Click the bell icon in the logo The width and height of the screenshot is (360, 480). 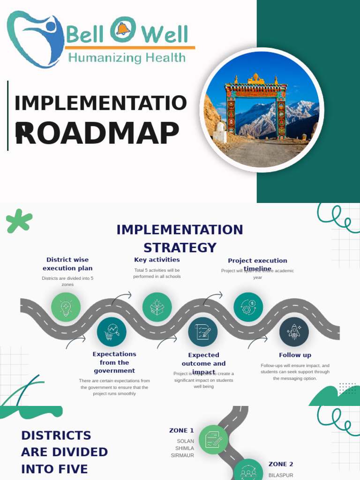click(x=123, y=30)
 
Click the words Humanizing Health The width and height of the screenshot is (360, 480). click(x=127, y=58)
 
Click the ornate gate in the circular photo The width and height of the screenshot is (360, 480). click(x=256, y=105)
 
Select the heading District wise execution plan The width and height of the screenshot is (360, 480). click(x=67, y=264)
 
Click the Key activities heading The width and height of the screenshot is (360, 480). click(x=157, y=260)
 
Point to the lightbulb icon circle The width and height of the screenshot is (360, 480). click(x=66, y=307)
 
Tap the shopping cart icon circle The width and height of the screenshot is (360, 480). click(x=112, y=332)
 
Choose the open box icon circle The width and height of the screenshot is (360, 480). click(x=157, y=307)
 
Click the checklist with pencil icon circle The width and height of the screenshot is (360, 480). click(x=202, y=332)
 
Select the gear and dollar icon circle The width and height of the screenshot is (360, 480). click(x=248, y=307)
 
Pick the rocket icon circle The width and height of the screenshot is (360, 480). click(x=294, y=332)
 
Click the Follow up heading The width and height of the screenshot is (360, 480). click(x=295, y=355)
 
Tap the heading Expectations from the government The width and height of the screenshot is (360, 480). click(x=114, y=362)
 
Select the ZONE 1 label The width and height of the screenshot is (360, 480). click(x=181, y=430)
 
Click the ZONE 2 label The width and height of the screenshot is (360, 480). click(x=281, y=464)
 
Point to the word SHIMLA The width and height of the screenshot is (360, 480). click(x=185, y=448)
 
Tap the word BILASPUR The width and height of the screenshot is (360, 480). click(x=281, y=475)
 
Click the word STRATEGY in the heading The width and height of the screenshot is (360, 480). click(x=180, y=247)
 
